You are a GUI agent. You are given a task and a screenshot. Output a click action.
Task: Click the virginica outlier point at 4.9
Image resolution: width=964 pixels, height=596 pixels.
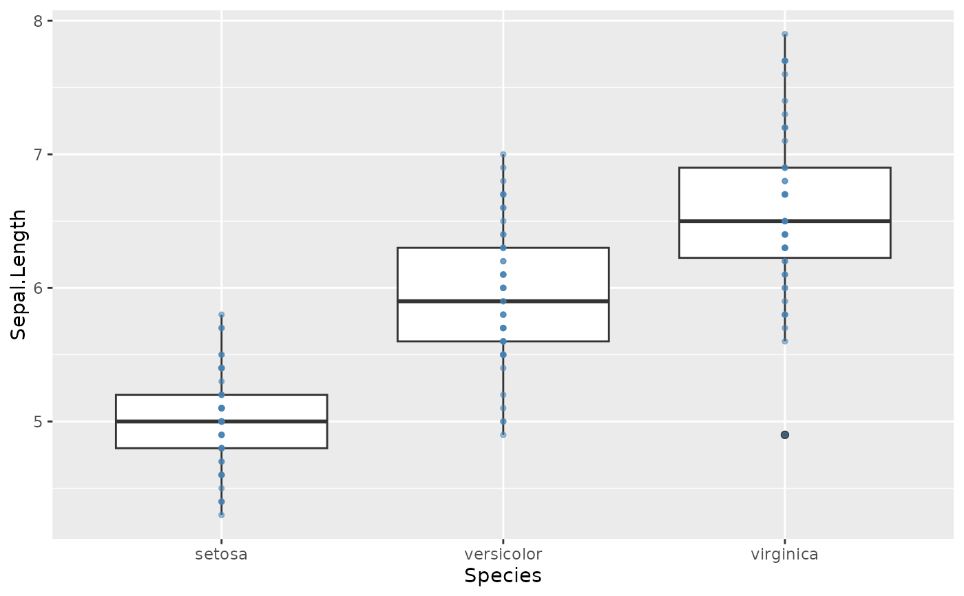(784, 435)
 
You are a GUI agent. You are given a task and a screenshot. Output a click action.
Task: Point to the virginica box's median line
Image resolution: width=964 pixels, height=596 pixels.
(730, 221)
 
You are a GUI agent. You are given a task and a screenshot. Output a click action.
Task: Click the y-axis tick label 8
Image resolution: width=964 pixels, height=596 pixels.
(39, 21)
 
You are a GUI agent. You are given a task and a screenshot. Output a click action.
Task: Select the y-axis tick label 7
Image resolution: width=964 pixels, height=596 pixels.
(39, 154)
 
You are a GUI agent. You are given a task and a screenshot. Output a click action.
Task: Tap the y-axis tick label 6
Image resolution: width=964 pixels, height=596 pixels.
(39, 288)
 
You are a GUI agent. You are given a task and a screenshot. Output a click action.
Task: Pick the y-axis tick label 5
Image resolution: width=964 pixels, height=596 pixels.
(39, 421)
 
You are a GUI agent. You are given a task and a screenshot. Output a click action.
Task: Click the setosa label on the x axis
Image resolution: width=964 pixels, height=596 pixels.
(221, 554)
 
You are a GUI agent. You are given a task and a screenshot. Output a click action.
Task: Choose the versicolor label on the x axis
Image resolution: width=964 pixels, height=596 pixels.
(503, 554)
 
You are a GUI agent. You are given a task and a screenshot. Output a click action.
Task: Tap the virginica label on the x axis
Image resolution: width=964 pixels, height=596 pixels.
(784, 554)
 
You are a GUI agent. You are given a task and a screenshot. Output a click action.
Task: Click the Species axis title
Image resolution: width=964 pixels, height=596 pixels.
(503, 576)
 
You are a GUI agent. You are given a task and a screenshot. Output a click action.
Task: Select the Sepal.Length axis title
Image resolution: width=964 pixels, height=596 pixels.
(19, 274)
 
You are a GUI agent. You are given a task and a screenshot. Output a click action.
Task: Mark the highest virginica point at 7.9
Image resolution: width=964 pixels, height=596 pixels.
(784, 34)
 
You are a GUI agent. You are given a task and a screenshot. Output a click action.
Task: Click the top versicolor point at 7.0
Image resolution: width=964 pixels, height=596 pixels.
(503, 154)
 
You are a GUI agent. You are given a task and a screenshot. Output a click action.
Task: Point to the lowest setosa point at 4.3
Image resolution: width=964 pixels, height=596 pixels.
(221, 515)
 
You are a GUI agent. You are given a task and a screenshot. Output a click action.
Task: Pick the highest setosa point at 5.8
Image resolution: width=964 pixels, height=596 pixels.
(221, 315)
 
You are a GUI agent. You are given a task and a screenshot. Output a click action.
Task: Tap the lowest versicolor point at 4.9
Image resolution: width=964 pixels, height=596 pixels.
(503, 435)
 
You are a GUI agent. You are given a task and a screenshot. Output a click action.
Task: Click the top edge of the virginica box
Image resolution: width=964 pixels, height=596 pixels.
(730, 167)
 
